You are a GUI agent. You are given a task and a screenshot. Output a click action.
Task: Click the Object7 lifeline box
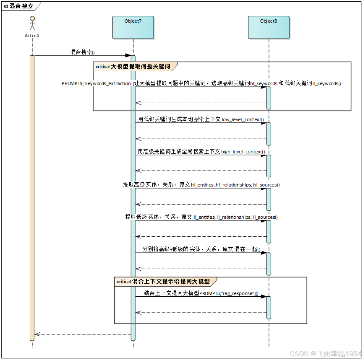[133, 28]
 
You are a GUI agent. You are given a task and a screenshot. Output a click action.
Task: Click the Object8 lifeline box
[269, 28]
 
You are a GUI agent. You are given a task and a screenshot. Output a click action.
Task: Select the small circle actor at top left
[32, 19]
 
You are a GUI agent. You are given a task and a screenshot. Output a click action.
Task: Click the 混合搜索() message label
[83, 52]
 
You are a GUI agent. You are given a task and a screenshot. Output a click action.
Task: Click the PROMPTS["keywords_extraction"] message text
[201, 83]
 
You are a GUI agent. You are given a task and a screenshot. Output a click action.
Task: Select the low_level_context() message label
[201, 119]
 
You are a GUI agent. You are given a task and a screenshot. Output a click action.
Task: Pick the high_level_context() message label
[201, 152]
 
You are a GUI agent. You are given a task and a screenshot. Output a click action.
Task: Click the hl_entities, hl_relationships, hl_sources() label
[201, 184]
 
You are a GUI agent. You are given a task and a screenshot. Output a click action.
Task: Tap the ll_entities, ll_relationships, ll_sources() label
[201, 217]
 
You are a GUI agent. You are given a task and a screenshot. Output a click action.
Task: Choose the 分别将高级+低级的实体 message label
[201, 249]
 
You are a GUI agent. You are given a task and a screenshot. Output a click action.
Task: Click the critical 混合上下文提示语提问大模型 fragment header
[165, 282]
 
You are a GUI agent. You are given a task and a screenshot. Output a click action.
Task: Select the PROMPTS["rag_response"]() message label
[201, 293]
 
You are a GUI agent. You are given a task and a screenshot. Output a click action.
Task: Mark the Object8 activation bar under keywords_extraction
[269, 98]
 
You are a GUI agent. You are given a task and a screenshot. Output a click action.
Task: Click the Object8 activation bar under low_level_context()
[269, 134]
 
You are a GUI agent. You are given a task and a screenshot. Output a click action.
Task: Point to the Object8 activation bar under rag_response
[269, 308]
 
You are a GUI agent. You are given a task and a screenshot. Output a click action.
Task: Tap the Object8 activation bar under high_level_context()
[269, 166]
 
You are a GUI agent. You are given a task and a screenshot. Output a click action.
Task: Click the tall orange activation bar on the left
[32, 197]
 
